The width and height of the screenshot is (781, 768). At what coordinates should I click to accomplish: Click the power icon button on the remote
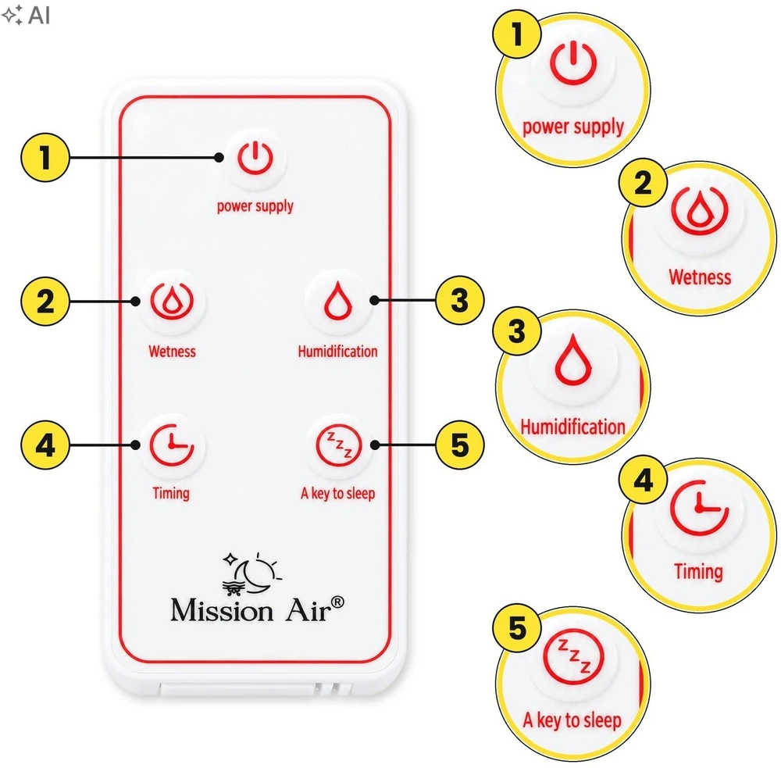[255, 159]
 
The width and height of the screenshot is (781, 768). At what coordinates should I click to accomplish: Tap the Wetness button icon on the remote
[172, 302]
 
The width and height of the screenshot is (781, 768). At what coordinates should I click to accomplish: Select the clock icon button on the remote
[172, 445]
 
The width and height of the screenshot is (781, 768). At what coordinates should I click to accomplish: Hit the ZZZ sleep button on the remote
[339, 445]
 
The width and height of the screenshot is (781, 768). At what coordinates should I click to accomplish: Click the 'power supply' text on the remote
[255, 206]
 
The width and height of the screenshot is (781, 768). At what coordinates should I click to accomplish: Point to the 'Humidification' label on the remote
[337, 352]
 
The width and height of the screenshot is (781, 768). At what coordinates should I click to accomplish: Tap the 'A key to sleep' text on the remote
[337, 494]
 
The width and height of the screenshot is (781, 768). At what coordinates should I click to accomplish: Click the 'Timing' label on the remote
[171, 494]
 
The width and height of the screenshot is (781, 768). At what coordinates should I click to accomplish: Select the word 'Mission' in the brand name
[222, 609]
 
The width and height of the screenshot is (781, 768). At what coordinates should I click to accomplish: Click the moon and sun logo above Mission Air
[251, 573]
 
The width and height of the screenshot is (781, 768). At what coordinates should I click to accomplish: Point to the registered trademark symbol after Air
[337, 602]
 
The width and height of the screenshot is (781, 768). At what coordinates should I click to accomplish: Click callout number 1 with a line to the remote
[45, 158]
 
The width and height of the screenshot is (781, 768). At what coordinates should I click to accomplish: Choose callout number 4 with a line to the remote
[45, 445]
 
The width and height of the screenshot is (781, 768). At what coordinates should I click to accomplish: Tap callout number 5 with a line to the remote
[460, 445]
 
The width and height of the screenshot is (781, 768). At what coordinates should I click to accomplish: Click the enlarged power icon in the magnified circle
[573, 63]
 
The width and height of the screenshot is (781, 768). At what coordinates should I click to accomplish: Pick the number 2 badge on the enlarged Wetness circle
[643, 182]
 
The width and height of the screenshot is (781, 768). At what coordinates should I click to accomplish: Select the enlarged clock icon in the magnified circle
[699, 508]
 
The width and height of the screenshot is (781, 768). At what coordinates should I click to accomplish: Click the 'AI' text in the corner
[39, 15]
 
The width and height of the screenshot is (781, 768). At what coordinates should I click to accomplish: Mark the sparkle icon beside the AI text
[12, 15]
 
